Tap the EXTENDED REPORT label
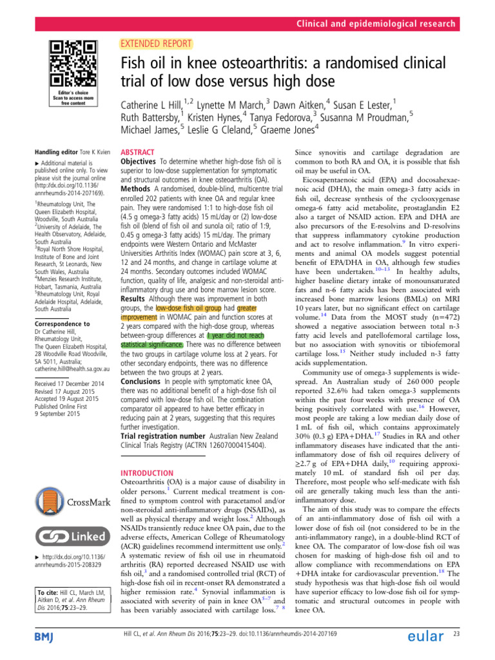[x=157, y=44]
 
